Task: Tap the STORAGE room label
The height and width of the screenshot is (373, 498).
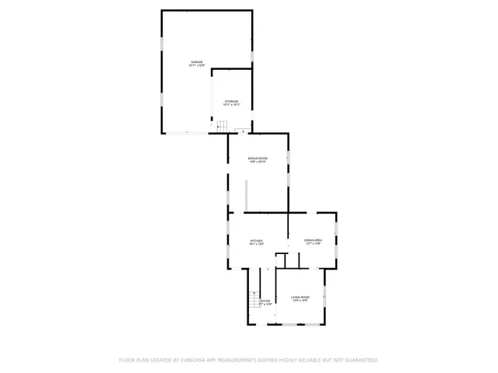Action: (232, 101)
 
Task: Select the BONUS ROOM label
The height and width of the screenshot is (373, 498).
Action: (258, 158)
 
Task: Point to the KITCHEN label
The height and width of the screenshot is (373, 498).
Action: (257, 241)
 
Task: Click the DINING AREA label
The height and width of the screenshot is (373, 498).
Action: (313, 241)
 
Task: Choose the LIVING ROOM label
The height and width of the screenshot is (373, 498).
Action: (300, 297)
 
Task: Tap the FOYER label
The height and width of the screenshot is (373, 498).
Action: (265, 301)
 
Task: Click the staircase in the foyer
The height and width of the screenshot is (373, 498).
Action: (254, 298)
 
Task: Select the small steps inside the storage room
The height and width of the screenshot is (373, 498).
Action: (220, 126)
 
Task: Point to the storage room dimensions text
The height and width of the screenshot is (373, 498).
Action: (232, 105)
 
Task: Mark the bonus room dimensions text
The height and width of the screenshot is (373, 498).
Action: (258, 162)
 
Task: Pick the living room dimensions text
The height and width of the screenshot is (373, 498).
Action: (300, 301)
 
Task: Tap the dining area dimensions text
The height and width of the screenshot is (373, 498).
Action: (313, 245)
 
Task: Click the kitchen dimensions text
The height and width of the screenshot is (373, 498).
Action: (257, 245)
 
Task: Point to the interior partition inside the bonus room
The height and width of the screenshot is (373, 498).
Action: (246, 195)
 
